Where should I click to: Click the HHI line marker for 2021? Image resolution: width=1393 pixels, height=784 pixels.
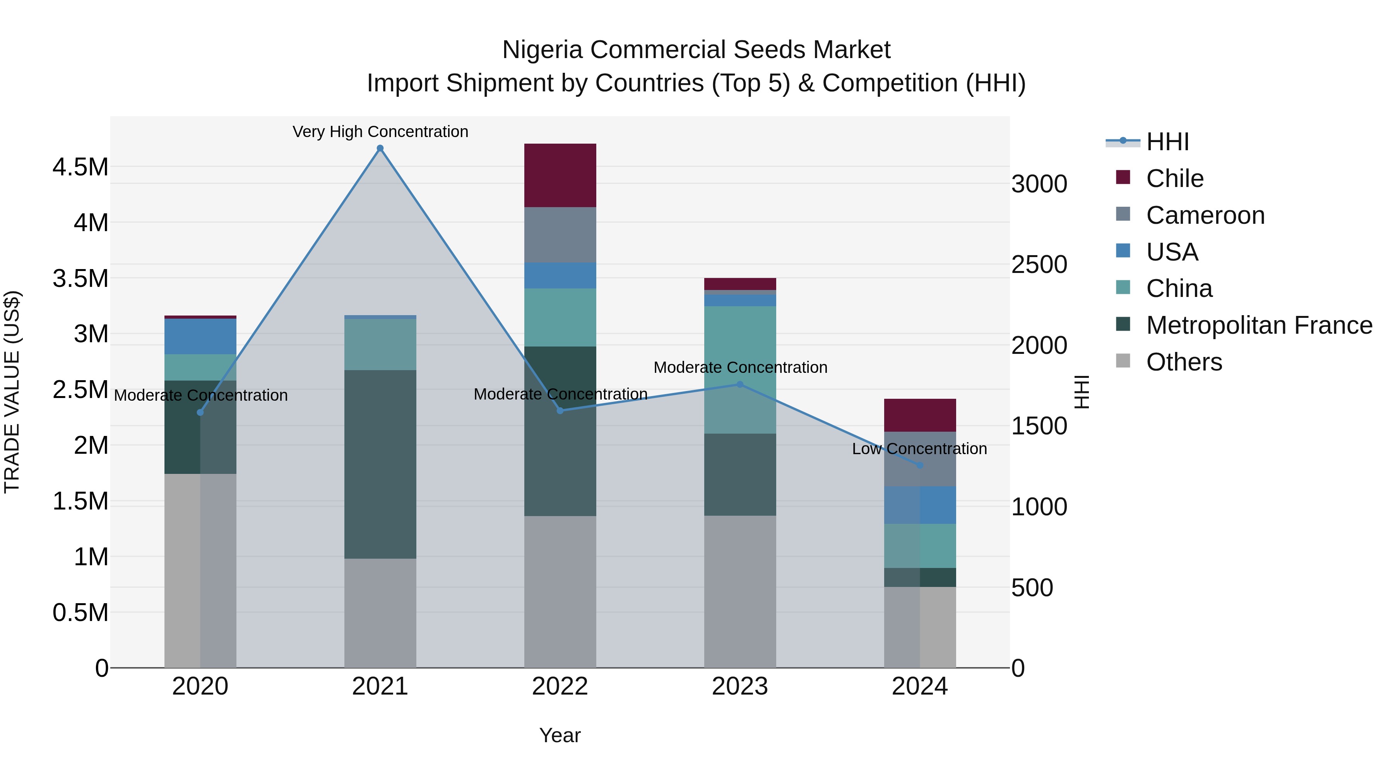380,148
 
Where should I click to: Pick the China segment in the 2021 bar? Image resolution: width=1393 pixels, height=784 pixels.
380,344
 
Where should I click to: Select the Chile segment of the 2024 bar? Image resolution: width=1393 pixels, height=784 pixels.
919,415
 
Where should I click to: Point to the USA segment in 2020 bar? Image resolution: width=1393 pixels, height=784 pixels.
200,336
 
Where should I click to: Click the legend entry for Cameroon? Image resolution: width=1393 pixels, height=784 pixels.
1205,215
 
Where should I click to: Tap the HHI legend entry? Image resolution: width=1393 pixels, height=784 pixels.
1167,142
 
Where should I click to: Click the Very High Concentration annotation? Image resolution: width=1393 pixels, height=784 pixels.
380,132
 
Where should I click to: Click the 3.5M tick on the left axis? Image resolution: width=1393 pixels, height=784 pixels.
80,279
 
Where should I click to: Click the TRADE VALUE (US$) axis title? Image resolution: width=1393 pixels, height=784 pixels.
12,392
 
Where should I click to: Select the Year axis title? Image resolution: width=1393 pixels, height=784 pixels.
560,735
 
